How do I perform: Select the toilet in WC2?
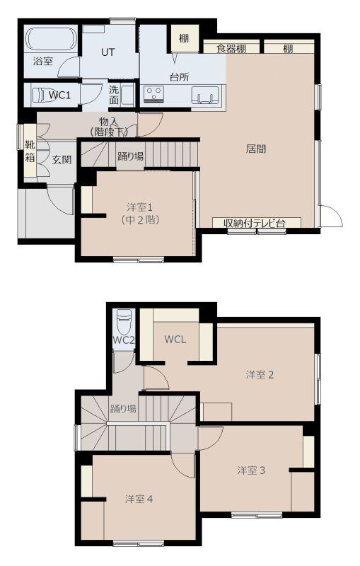pos(124,322)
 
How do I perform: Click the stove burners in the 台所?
pos(154,93)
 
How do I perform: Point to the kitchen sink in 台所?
pos(205,96)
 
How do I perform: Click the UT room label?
pos(108,52)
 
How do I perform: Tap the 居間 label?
pos(256,149)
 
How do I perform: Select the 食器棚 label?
pos(231,48)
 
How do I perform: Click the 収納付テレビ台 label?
pos(255,223)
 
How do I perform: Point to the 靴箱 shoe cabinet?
pos(30,153)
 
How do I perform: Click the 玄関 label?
pos(62,160)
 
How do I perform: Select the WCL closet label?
pos(175,340)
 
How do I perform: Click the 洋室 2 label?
pos(260,375)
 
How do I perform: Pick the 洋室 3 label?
pos(251,470)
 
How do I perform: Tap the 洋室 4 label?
pos(139,499)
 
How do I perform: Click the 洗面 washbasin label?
pos(114,95)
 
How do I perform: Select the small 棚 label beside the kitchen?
pos(184,38)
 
